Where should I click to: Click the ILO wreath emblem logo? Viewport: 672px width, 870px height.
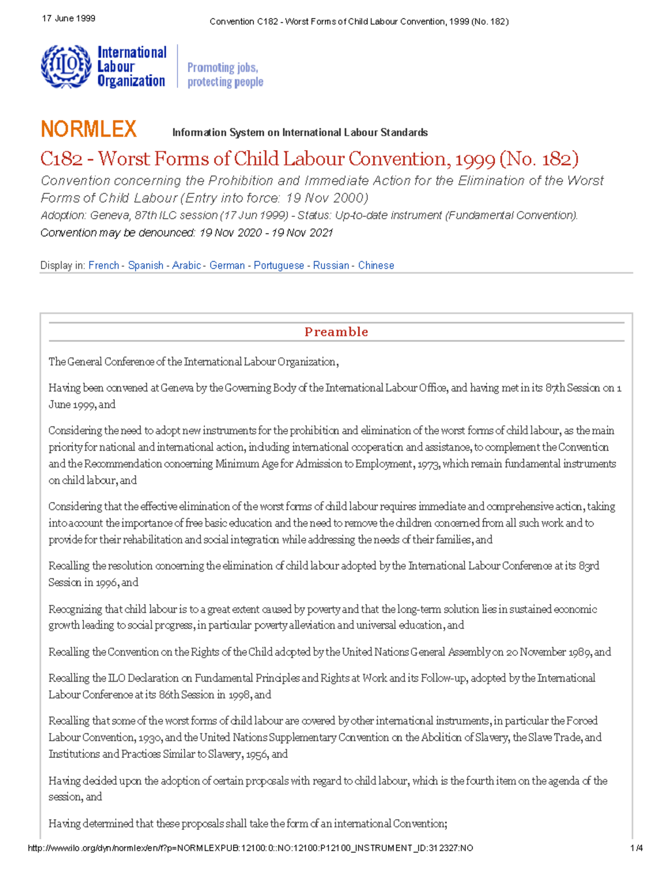coord(66,66)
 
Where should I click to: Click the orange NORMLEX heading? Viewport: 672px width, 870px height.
coord(88,129)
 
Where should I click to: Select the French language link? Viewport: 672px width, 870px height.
coord(104,266)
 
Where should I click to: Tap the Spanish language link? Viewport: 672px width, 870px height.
coord(146,266)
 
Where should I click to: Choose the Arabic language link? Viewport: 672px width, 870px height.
coord(186,266)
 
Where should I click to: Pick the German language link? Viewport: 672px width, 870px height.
coord(227,266)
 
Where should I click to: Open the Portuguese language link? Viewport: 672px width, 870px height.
coord(279,266)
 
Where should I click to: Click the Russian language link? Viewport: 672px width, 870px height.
coord(331,266)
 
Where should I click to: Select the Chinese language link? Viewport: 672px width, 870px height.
coord(376,266)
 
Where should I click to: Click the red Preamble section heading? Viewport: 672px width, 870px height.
coord(336,332)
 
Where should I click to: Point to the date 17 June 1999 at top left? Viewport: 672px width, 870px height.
coord(68,18)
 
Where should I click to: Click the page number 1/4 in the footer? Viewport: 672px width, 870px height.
coord(636,848)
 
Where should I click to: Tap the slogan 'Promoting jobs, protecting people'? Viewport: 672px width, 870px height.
coord(225,75)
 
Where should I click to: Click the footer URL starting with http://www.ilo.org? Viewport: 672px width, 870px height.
coord(250,848)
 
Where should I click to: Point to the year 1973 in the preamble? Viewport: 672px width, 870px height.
coord(428,464)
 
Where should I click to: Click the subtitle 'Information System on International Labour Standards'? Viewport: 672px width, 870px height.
coord(300,133)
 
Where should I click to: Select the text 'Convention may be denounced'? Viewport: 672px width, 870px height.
coord(117,233)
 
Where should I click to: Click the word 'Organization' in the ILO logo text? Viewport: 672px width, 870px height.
coord(131,81)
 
